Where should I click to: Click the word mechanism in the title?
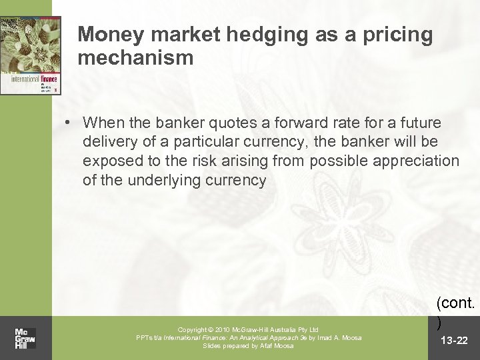point(135,58)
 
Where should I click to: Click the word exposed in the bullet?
point(108,161)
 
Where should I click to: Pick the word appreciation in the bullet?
point(420,161)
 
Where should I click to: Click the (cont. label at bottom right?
point(456,303)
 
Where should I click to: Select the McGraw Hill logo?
point(26,330)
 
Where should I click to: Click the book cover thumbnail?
point(31,55)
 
